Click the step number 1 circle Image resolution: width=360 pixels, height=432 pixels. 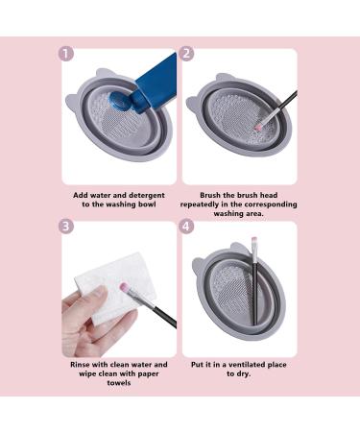[x=66, y=54]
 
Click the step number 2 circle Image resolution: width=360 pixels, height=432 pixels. [x=186, y=54]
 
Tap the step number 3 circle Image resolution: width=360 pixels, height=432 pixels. [x=66, y=227]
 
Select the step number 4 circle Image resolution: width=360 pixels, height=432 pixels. [x=186, y=227]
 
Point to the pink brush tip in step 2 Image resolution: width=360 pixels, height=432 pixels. [x=257, y=127]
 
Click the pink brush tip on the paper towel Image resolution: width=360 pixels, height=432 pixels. [x=123, y=286]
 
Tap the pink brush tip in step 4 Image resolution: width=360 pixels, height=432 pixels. [x=254, y=240]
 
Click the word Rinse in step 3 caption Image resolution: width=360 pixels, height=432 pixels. [x=81, y=364]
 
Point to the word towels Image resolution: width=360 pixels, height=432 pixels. [x=119, y=383]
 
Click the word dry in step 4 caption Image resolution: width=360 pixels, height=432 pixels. [x=244, y=373]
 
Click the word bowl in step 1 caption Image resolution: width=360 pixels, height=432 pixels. [x=147, y=204]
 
